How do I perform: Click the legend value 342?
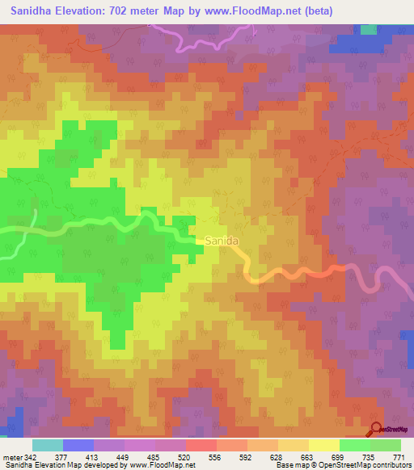[x=24, y=456]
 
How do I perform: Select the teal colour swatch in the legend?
[x=48, y=445]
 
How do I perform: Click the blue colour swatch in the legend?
[x=78, y=445]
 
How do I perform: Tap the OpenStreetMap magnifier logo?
[x=377, y=430]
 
